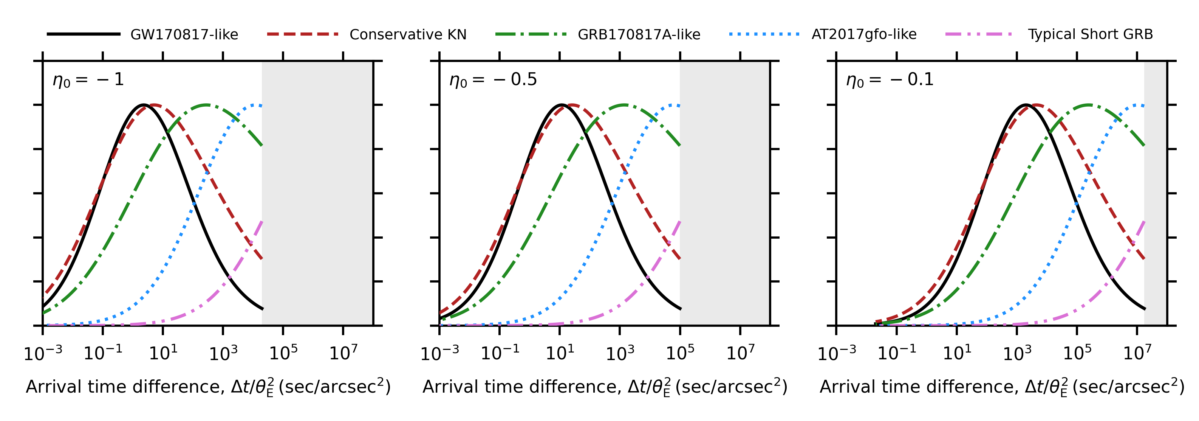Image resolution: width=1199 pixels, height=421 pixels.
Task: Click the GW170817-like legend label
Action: (184, 34)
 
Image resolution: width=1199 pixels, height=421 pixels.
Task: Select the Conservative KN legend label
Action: (408, 34)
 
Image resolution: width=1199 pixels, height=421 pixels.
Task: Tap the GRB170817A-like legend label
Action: (639, 34)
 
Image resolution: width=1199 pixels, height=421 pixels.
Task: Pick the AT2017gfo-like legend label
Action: (864, 34)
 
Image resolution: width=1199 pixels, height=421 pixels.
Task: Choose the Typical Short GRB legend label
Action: (1090, 34)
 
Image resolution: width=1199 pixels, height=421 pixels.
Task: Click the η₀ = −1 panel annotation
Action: (88, 80)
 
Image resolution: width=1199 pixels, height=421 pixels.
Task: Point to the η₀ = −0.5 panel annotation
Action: (493, 80)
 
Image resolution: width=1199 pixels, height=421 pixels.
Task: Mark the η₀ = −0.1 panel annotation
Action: (890, 80)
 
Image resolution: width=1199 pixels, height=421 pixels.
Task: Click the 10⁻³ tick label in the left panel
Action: (43, 353)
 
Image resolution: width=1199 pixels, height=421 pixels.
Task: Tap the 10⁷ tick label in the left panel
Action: (343, 353)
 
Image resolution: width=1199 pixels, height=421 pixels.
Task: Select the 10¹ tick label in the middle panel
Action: (560, 353)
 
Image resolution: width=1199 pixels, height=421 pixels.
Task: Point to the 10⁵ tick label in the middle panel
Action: (680, 353)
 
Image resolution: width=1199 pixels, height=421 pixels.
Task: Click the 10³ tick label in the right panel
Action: (1017, 353)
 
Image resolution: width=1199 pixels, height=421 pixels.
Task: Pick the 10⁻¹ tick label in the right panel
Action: (896, 353)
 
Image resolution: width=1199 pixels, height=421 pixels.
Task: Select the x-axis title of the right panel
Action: (1002, 387)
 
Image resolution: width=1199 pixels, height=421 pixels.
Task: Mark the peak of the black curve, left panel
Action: (144, 105)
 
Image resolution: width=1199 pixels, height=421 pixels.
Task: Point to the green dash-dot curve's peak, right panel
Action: (1089, 105)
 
